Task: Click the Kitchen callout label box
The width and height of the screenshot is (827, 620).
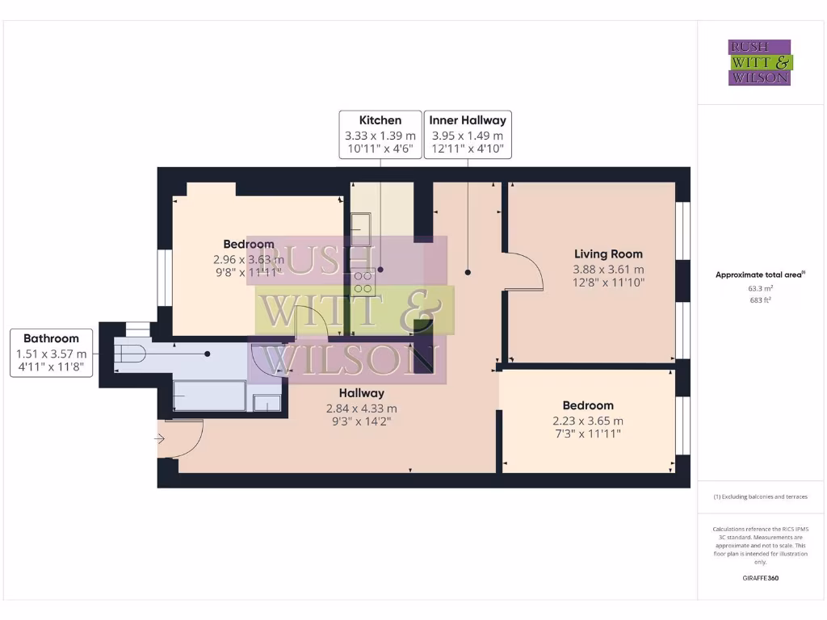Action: click(380, 134)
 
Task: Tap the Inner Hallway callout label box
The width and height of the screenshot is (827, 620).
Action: click(467, 134)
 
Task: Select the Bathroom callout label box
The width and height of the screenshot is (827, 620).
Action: click(51, 352)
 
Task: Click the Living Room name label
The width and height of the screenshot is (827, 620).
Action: click(608, 253)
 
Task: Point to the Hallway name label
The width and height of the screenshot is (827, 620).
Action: click(361, 393)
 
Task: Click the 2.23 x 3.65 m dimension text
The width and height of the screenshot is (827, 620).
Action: click(588, 421)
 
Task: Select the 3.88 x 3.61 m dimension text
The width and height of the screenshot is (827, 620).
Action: click(608, 269)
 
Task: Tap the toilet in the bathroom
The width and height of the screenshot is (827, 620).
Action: click(131, 354)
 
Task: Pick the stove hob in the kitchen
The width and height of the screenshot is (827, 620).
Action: click(363, 281)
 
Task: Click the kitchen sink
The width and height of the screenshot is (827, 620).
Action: click(361, 228)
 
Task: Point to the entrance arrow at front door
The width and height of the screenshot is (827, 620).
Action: click(160, 440)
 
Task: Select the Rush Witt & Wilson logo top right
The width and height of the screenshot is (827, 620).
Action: click(760, 62)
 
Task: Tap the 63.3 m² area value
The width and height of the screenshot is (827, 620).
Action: click(760, 287)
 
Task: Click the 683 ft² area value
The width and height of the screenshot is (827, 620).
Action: click(760, 300)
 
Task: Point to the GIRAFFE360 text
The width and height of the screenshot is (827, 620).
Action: click(760, 578)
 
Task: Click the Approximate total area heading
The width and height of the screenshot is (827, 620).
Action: click(760, 274)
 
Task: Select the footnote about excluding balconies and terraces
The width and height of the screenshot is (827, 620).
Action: click(760, 496)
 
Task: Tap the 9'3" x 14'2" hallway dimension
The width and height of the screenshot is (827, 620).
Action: click(361, 421)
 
